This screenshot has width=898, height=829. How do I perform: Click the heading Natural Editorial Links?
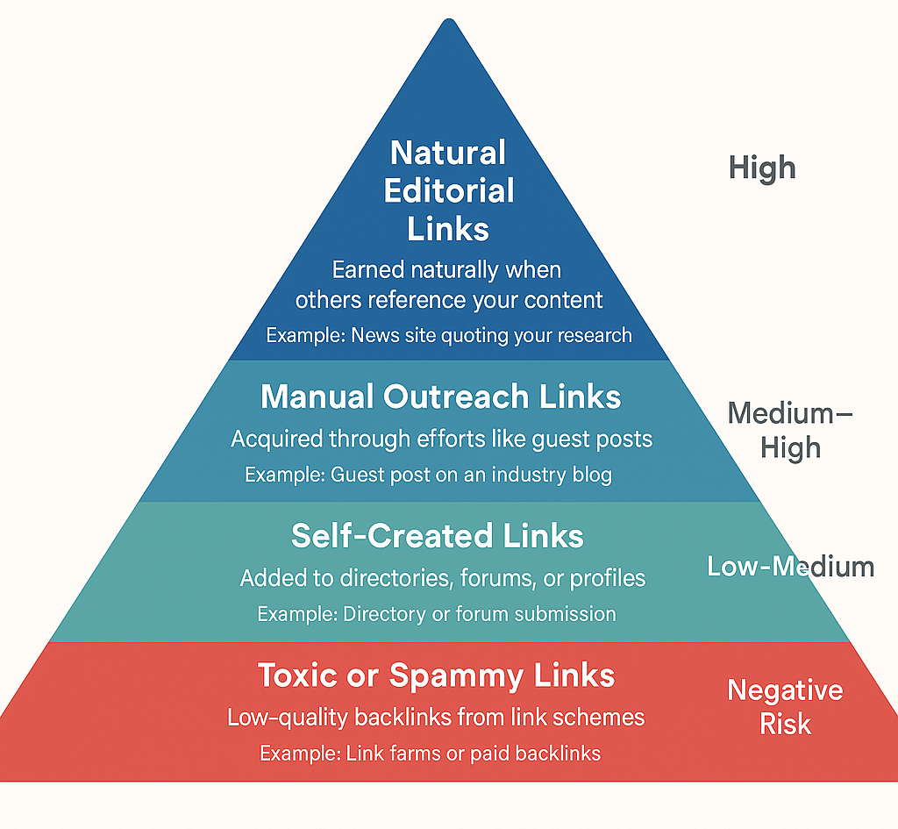[448, 190]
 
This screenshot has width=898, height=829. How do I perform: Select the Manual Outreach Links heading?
[441, 397]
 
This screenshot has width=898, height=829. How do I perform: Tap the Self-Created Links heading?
[438, 535]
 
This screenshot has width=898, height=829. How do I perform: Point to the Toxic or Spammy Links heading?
[436, 675]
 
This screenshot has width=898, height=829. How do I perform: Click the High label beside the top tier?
[762, 167]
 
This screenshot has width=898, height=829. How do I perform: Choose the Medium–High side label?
[790, 430]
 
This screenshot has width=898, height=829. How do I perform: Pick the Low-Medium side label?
[790, 567]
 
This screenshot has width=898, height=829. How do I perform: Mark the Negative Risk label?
[785, 707]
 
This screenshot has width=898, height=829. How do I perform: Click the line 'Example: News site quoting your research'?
[449, 335]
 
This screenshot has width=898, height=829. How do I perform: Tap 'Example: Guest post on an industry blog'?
[428, 475]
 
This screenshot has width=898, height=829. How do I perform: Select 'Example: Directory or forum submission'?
[437, 614]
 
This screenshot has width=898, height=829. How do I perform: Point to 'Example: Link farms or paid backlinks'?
[430, 753]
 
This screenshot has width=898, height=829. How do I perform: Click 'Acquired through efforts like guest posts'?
[441, 439]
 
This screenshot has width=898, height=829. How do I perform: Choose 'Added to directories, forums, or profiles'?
[443, 578]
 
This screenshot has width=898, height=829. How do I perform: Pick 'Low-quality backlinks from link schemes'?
[436, 718]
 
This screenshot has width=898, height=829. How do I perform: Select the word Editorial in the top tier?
[449, 190]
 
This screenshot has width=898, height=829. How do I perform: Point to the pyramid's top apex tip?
[450, 21]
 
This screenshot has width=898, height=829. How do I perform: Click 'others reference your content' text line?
[449, 300]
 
